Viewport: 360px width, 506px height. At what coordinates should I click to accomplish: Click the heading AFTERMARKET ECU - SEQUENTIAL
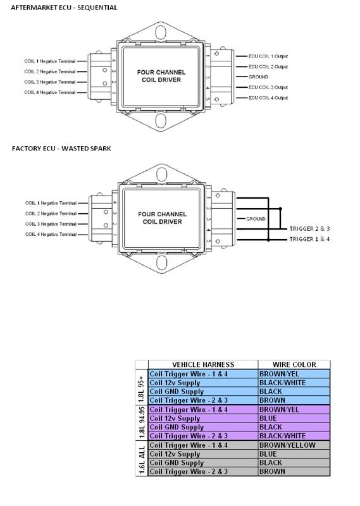point(64,8)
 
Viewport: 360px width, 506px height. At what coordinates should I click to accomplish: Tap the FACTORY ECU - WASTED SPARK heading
point(61,149)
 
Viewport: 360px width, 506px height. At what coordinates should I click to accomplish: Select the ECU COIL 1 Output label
point(268,56)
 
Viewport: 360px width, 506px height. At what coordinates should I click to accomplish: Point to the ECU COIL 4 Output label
point(268,97)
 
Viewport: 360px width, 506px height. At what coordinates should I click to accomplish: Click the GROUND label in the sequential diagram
point(258,77)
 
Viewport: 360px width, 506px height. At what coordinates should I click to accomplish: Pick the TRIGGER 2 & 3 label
point(309,229)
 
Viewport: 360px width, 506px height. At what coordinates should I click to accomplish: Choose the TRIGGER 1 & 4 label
point(309,239)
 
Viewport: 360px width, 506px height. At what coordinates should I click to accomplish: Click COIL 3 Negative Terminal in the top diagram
point(50,82)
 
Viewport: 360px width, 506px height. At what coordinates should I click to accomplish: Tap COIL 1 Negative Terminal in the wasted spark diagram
point(51,203)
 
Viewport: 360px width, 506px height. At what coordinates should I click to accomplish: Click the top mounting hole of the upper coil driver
point(161,33)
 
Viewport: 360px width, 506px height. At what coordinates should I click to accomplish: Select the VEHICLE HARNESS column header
point(203,365)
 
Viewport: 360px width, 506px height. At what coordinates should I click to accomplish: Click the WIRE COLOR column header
point(294,365)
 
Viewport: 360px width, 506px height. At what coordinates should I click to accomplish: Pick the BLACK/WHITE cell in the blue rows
point(282,383)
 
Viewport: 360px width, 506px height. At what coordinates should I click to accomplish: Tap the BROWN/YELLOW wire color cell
point(287,445)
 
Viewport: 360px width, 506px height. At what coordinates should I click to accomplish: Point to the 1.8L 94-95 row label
point(142,423)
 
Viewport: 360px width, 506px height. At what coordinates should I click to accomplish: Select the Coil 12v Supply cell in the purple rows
point(175,418)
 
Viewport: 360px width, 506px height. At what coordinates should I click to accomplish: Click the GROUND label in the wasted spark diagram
point(256,219)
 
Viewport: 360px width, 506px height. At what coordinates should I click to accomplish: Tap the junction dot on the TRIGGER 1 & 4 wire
point(268,240)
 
